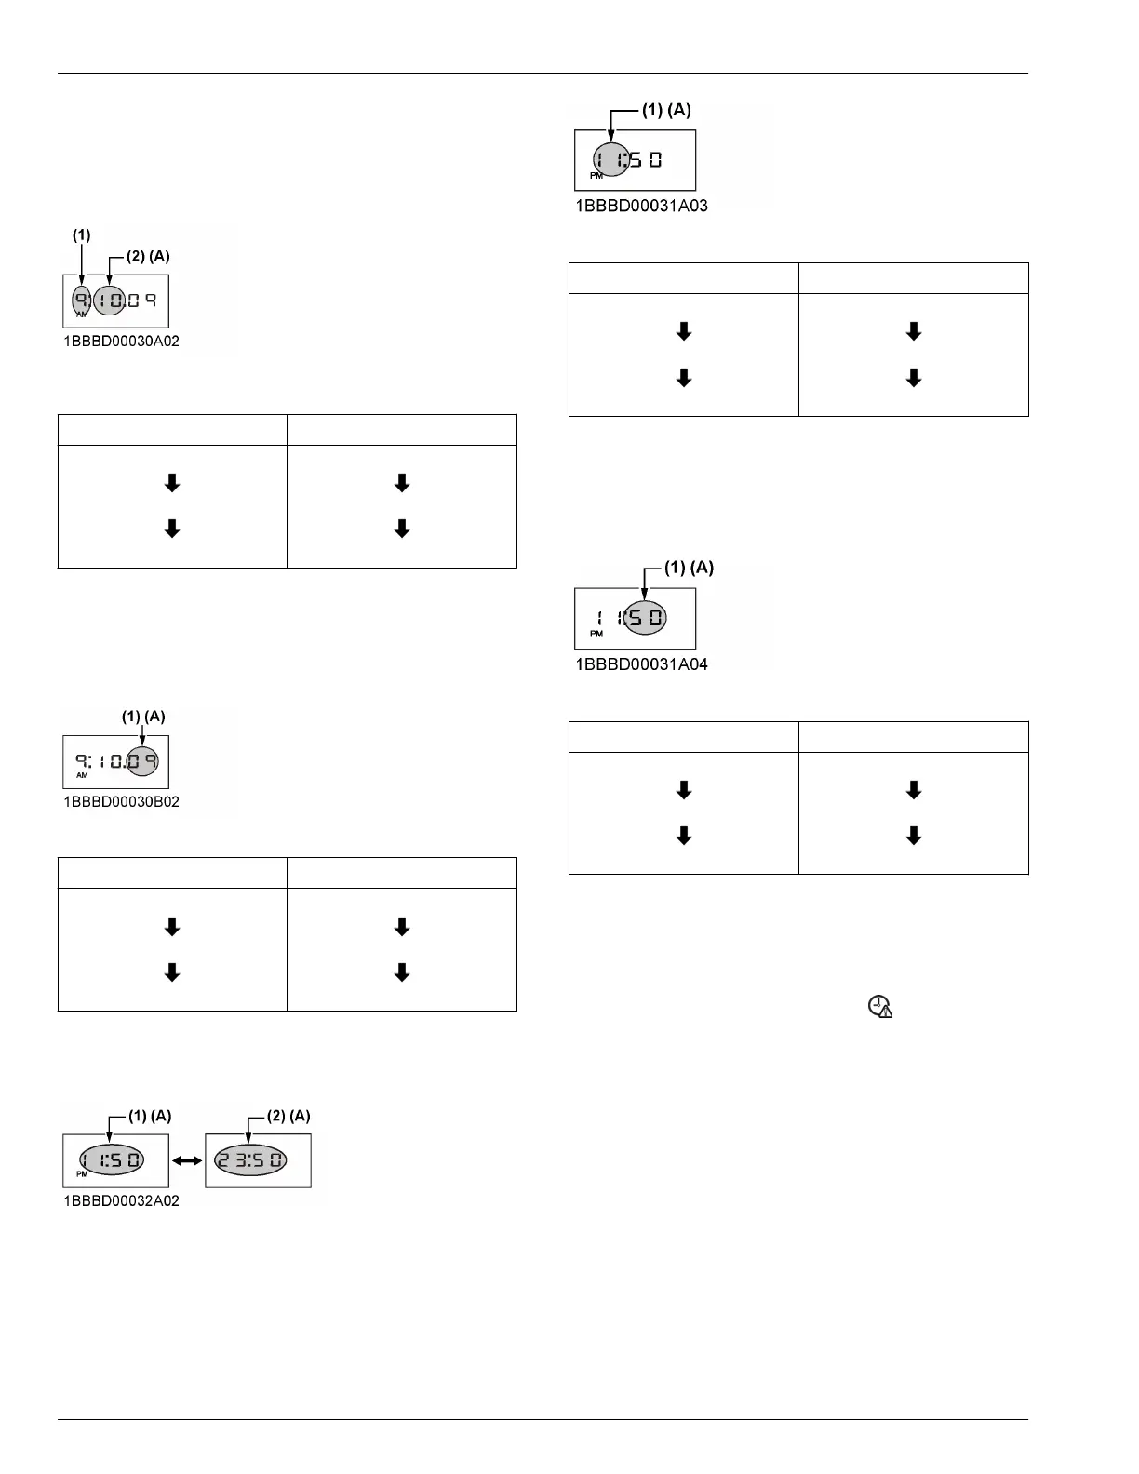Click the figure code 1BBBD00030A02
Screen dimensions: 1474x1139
pyautogui.click(x=121, y=342)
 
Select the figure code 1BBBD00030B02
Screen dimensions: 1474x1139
pyautogui.click(x=121, y=802)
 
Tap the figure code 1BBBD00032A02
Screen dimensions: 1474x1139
pyautogui.click(x=121, y=1201)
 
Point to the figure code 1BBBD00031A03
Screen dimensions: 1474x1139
pyautogui.click(x=641, y=207)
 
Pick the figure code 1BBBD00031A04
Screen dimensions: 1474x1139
pyautogui.click(x=641, y=664)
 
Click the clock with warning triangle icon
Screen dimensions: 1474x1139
pyautogui.click(x=879, y=1007)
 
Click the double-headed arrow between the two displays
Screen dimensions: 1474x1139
pyautogui.click(x=187, y=1161)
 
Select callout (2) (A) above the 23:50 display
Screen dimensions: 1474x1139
pyautogui.click(x=288, y=1117)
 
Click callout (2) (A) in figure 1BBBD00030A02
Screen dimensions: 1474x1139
pyautogui.click(x=148, y=256)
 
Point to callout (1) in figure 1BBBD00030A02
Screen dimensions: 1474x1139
pyautogui.click(x=82, y=235)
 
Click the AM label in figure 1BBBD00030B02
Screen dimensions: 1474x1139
pyautogui.click(x=82, y=775)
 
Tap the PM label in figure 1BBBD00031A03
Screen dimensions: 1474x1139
pyautogui.click(x=596, y=175)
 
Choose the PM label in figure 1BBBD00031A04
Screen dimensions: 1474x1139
pyautogui.click(x=596, y=634)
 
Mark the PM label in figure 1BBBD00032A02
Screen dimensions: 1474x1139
pyautogui.click(x=82, y=1174)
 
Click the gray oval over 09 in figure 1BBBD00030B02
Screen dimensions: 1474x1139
pyautogui.click(x=143, y=761)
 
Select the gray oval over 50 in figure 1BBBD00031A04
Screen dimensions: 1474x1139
pyautogui.click(x=644, y=618)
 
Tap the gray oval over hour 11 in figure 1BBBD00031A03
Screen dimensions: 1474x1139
pyautogui.click(x=610, y=160)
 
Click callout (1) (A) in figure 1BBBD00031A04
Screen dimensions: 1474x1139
pyautogui.click(x=690, y=568)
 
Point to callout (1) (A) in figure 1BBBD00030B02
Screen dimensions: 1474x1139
pyautogui.click(x=143, y=717)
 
